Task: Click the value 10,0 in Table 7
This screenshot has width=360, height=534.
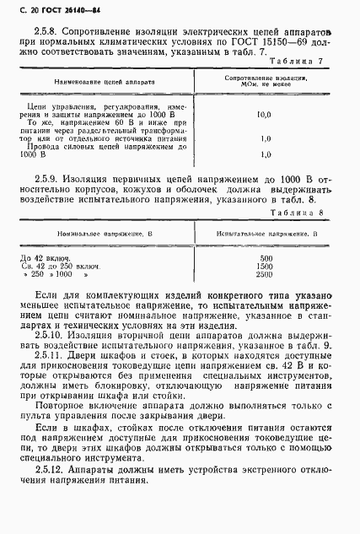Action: pyautogui.click(x=264, y=111)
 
